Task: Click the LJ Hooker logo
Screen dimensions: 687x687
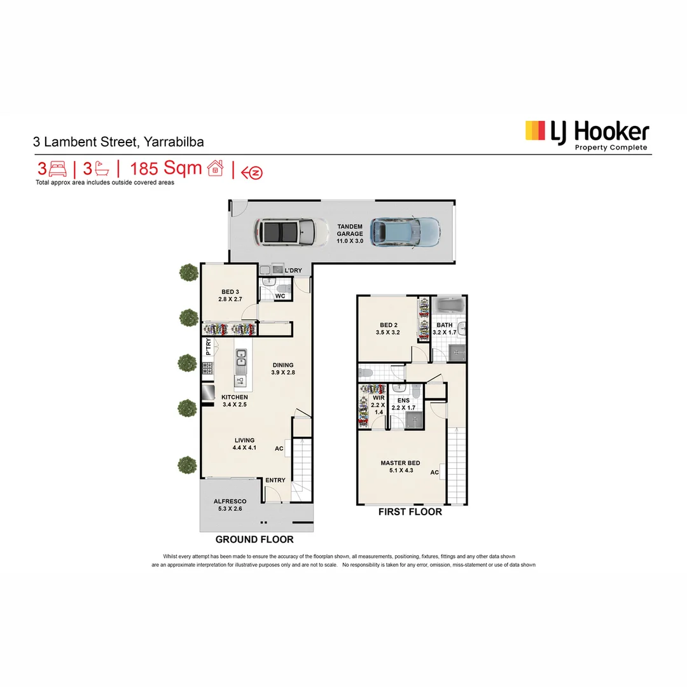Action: pyautogui.click(x=586, y=134)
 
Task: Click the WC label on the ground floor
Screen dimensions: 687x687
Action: pyautogui.click(x=281, y=296)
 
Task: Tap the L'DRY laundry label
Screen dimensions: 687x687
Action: pyautogui.click(x=293, y=271)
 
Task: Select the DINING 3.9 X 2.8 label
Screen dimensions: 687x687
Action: pyautogui.click(x=283, y=369)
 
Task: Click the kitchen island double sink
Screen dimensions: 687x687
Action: pyautogui.click(x=241, y=363)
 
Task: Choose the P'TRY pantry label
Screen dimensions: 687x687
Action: pyautogui.click(x=207, y=349)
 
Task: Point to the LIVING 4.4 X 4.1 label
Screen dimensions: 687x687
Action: pyautogui.click(x=244, y=444)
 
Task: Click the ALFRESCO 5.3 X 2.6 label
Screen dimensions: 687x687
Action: pyautogui.click(x=230, y=505)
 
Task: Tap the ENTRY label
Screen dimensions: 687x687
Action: pyautogui.click(x=275, y=480)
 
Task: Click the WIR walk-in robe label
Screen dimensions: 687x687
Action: pyautogui.click(x=378, y=405)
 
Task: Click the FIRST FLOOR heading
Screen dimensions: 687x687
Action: pyautogui.click(x=410, y=511)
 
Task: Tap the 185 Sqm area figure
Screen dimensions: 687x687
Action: pyautogui.click(x=166, y=169)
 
